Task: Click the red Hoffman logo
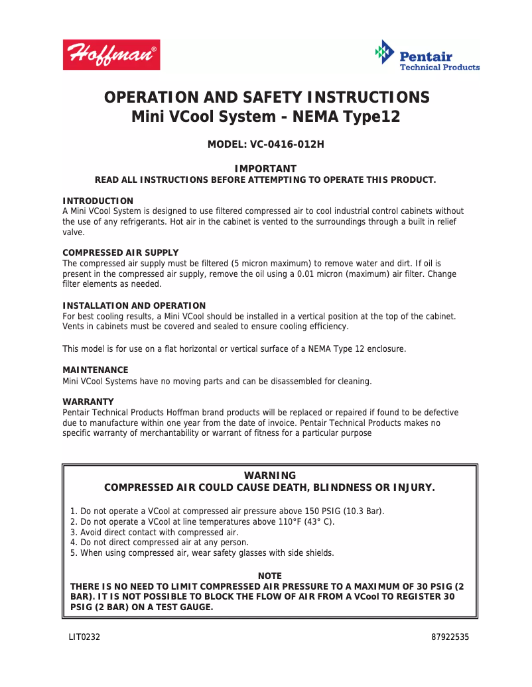[111, 55]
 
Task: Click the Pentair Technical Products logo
[427, 56]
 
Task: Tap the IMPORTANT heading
[265, 169]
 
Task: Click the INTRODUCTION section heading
[98, 201]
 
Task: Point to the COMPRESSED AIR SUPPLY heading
[120, 253]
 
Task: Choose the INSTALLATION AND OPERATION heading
[134, 305]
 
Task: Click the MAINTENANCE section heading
[95, 370]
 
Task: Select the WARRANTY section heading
[88, 401]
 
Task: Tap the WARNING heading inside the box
[270, 476]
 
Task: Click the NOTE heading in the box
[270, 576]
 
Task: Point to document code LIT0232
[84, 637]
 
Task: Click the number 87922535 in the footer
[450, 637]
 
